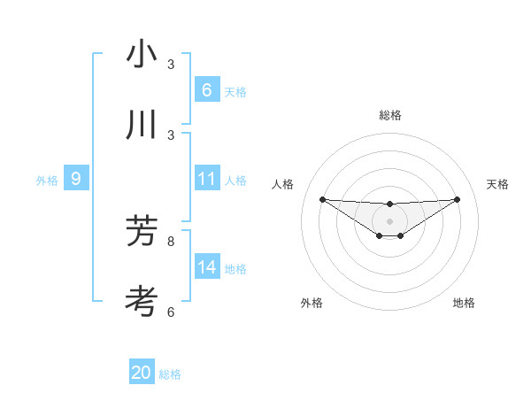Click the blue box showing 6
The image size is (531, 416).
tap(206, 90)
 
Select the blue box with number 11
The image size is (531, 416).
tap(206, 179)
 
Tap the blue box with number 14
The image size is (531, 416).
tap(206, 266)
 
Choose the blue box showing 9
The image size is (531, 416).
tap(76, 179)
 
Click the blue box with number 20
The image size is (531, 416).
tap(142, 373)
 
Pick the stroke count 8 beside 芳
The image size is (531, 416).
tap(171, 241)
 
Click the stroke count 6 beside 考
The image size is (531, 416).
tap(171, 312)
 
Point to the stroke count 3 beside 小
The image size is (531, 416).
tap(171, 65)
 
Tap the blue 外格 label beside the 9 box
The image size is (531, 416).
tap(47, 181)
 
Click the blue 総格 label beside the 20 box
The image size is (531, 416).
tap(170, 374)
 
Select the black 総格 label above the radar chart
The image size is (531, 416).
tap(389, 115)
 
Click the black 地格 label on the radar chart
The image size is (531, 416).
tap(464, 303)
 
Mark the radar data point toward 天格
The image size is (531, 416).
tap(457, 199)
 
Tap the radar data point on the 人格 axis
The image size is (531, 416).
tap(322, 199)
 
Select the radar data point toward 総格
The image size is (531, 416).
tap(389, 204)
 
